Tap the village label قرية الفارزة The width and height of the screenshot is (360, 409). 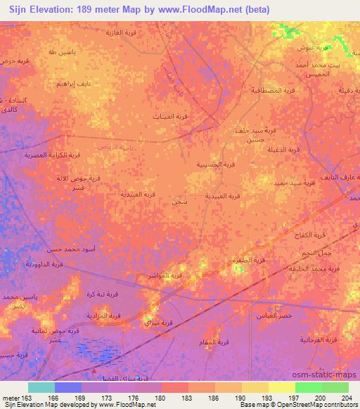(x=120, y=33)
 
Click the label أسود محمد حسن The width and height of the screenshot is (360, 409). (x=50, y=249)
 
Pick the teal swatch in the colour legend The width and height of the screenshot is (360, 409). (x=42, y=387)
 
